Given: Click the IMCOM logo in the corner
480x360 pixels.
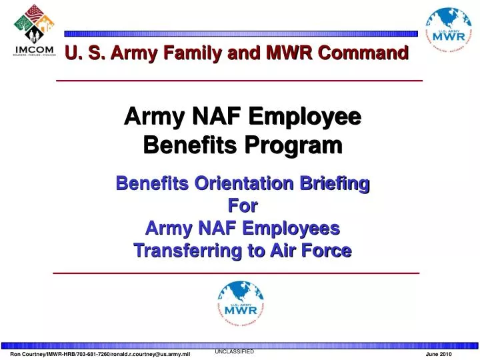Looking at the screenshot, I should [x=30, y=31].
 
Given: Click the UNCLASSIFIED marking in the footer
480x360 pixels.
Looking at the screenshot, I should [x=234, y=351].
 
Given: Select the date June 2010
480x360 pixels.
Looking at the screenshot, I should [x=438, y=354].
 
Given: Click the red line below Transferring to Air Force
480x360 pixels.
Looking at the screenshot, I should [x=237, y=273].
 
